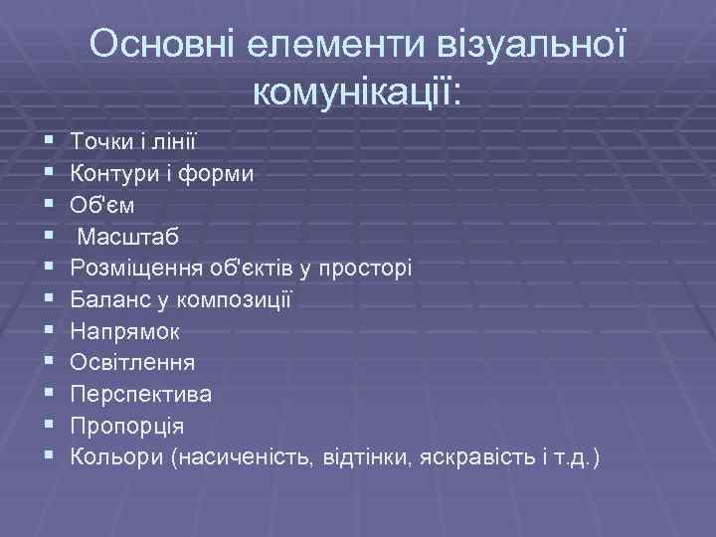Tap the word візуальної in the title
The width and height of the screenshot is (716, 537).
click(528, 46)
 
